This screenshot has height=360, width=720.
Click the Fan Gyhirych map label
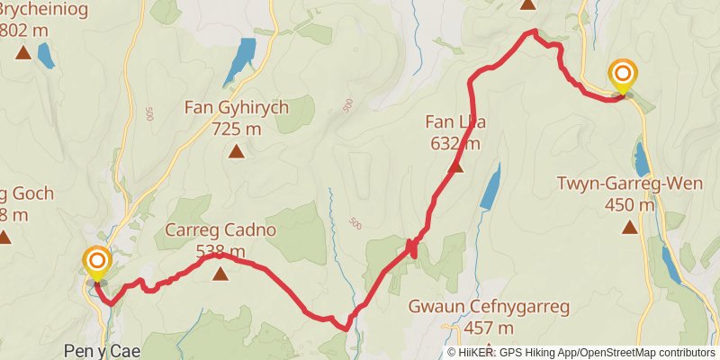[x=236, y=108]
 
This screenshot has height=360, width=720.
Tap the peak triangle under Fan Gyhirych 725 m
[x=236, y=151]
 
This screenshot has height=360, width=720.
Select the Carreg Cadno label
[x=220, y=230]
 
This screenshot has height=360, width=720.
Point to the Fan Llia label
[x=455, y=122]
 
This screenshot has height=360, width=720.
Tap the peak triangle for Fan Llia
[x=455, y=166]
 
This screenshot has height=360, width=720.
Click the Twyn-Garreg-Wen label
[x=629, y=184]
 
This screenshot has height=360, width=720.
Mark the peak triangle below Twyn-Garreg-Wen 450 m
[x=629, y=227]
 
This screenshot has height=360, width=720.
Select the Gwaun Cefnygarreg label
[x=489, y=308]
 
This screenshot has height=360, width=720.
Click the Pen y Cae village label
[x=102, y=350]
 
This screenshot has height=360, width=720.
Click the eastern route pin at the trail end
[x=623, y=76]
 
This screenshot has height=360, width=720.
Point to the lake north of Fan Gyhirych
[x=239, y=62]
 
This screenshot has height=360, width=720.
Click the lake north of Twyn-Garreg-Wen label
[x=641, y=158]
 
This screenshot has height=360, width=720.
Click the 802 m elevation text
[x=25, y=30]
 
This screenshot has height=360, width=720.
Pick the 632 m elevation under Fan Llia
[x=455, y=143]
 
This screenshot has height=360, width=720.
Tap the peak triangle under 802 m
[x=22, y=52]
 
